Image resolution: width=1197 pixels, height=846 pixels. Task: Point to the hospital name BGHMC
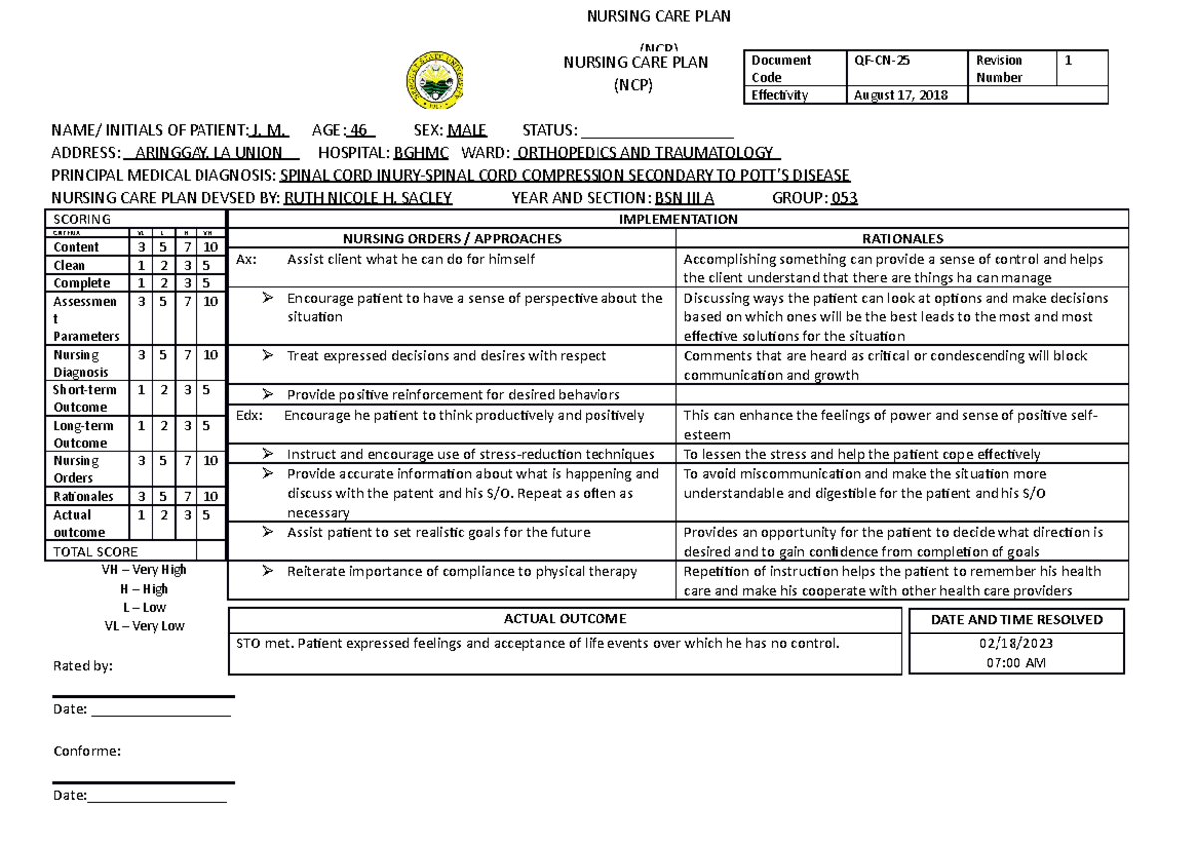[421, 153]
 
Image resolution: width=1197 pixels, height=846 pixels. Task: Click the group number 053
[844, 197]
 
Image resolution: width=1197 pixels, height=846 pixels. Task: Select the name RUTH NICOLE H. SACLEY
[368, 197]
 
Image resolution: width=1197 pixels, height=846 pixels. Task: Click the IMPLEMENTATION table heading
[678, 219]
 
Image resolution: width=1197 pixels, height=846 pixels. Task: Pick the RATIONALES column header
[902, 239]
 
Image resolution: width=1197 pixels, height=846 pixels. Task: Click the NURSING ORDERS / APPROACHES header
[452, 239]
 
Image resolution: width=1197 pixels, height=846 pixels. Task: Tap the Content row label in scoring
[76, 247]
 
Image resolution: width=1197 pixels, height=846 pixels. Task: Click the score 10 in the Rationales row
[210, 496]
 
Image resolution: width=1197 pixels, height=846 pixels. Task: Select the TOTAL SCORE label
[95, 551]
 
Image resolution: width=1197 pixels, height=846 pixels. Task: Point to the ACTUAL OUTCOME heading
[566, 619]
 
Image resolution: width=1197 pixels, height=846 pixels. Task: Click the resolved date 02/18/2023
[1016, 644]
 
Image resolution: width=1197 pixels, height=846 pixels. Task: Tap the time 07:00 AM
[1016, 662]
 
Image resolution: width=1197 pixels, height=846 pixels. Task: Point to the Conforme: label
[86, 751]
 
